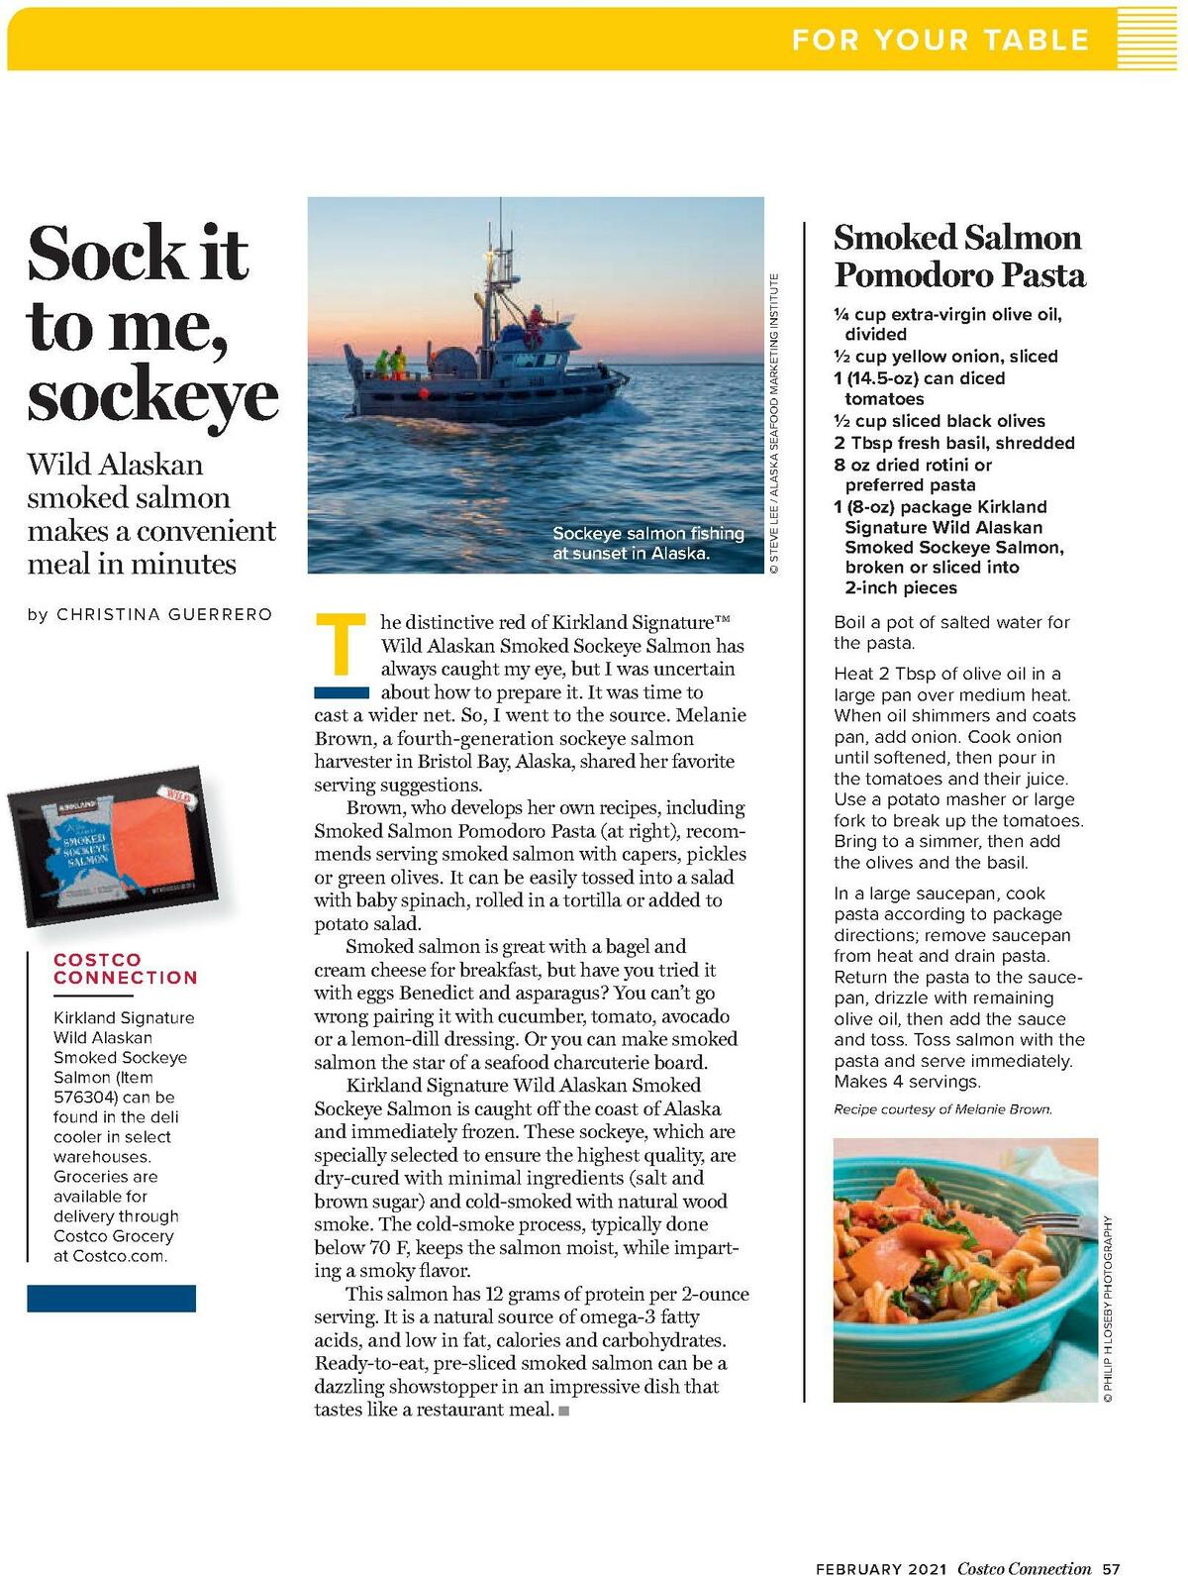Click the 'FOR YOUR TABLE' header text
(940, 40)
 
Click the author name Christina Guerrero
(164, 614)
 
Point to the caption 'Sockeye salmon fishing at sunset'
(647, 543)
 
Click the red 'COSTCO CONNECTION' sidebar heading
(126, 968)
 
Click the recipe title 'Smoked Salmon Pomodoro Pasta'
(958, 256)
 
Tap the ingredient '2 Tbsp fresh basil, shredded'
(953, 443)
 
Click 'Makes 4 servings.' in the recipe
(907, 1082)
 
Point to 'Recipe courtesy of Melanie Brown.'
(942, 1109)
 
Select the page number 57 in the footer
(1111, 1568)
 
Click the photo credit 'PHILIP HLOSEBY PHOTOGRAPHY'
(1109, 1309)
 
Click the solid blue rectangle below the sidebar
(111, 1298)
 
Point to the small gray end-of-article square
(564, 1411)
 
